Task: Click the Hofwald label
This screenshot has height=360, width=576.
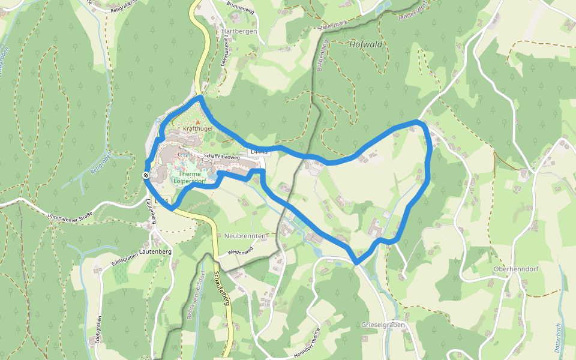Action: coord(366,44)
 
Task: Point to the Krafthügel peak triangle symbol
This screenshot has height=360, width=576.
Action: coord(198,122)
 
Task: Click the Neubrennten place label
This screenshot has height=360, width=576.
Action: coord(245,236)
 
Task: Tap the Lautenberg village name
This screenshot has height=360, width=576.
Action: coord(155,251)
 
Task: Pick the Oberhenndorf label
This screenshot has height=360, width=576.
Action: coord(516,269)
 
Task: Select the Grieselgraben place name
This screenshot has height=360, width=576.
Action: coord(383,325)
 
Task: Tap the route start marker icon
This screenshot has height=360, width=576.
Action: coord(146,175)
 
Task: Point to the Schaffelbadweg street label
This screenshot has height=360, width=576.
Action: coord(221,157)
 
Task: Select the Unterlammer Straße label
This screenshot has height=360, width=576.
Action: coord(70,212)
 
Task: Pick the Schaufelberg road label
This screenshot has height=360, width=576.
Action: coord(222,288)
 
